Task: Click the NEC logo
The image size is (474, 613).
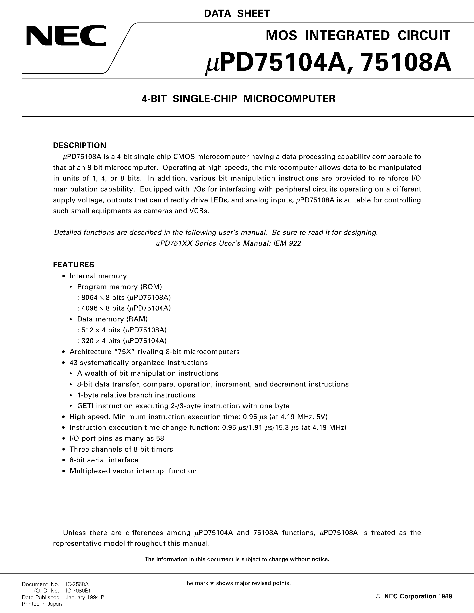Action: point(66,36)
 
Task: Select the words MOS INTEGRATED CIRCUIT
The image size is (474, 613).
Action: point(358,36)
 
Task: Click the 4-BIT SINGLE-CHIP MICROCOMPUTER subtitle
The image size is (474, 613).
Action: point(238,99)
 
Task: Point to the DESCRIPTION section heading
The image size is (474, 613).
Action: point(79,145)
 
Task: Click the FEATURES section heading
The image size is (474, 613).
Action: point(74,265)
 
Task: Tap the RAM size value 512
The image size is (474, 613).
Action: point(87,330)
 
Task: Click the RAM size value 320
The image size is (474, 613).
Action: point(87,341)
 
